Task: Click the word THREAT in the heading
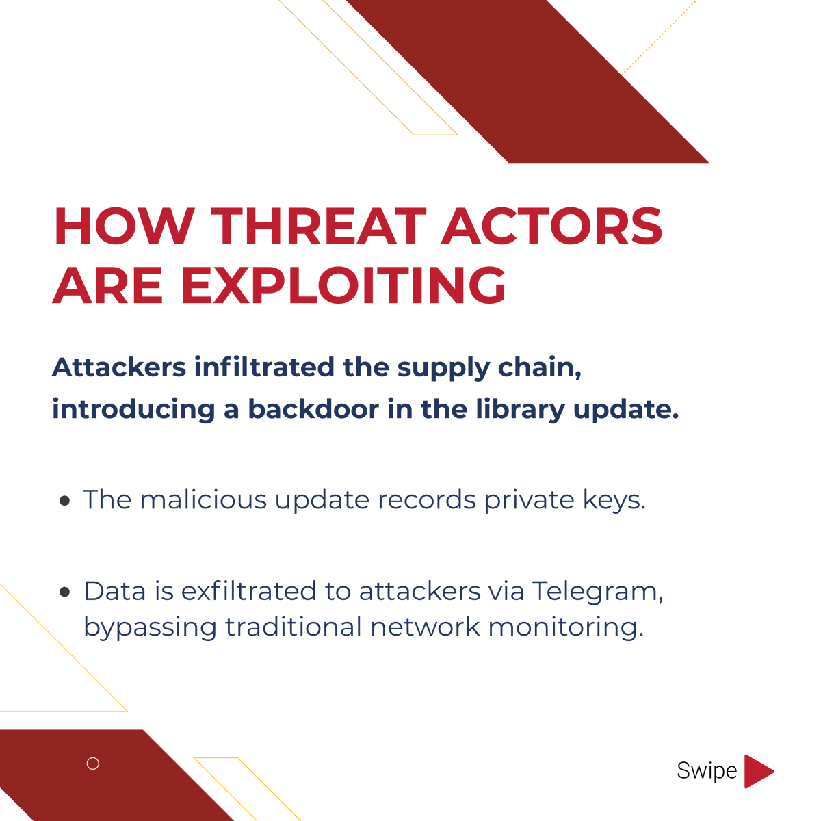[319, 226]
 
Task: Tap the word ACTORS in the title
[552, 226]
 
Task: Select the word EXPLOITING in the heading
[344, 285]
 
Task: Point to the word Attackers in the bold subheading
[119, 367]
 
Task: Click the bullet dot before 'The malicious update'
[65, 501]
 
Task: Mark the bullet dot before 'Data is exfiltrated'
[65, 592]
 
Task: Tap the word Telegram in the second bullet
[597, 592]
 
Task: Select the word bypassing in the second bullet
[150, 628]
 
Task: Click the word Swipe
[706, 771]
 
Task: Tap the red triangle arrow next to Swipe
[756, 771]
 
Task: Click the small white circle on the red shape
[93, 764]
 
